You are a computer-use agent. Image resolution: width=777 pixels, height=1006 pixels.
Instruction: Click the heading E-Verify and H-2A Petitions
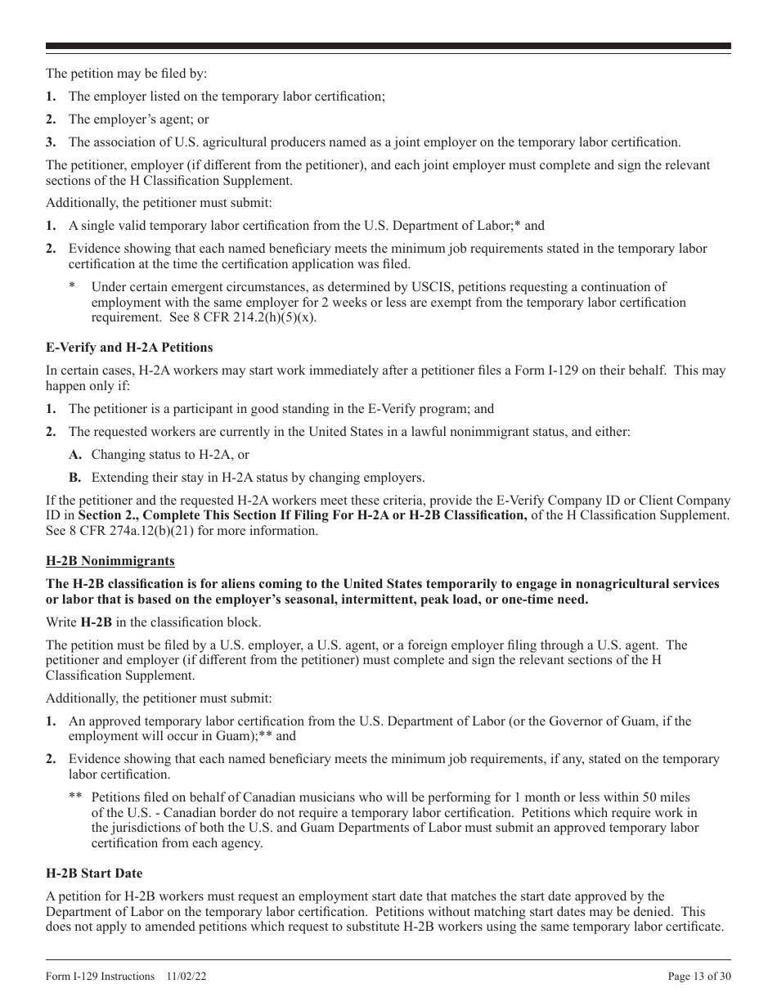click(x=129, y=348)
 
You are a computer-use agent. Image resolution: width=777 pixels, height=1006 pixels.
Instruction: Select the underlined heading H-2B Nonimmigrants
click(x=110, y=561)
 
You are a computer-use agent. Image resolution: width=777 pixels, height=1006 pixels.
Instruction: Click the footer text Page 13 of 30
click(x=699, y=976)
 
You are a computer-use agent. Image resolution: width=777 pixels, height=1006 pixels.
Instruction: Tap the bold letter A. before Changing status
click(x=75, y=455)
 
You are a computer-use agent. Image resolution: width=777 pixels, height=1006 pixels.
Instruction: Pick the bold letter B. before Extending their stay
click(x=75, y=478)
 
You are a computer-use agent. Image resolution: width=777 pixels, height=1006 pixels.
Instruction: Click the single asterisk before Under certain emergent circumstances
click(x=72, y=287)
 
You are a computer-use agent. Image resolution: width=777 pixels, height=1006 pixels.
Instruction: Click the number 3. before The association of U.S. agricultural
click(x=51, y=142)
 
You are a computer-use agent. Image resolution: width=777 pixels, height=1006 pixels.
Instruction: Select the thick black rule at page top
click(x=388, y=47)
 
